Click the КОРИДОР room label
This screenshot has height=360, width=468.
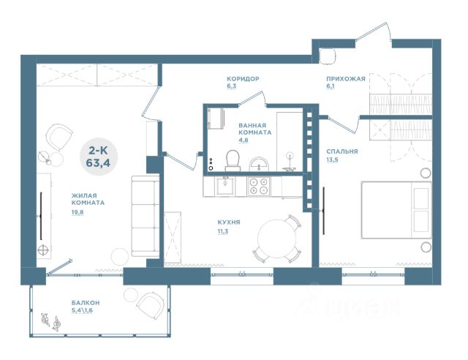click(x=243, y=79)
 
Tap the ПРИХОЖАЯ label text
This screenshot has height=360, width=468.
click(x=346, y=79)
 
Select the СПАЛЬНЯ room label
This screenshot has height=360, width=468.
click(x=342, y=151)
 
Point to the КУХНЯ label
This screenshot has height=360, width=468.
click(x=229, y=222)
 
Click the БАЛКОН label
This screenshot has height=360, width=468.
click(x=86, y=303)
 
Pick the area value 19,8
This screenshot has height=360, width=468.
click(x=78, y=212)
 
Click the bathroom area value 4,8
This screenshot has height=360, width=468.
click(x=244, y=140)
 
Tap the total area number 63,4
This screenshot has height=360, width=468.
click(x=98, y=163)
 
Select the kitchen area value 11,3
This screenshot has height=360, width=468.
click(x=223, y=230)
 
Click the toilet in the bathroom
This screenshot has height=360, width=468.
click(x=233, y=161)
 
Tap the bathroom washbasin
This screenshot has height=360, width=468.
click(x=259, y=165)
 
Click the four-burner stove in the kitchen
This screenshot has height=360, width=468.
click(x=259, y=186)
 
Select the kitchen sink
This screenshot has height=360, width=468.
click(x=225, y=186)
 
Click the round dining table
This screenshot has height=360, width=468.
click(x=276, y=239)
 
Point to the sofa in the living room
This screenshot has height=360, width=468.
click(x=145, y=216)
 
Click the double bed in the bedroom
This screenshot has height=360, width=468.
click(x=396, y=210)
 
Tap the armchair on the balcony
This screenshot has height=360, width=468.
click(x=151, y=307)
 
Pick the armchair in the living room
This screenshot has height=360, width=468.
click(x=59, y=138)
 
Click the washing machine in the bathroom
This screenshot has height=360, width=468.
click(x=216, y=119)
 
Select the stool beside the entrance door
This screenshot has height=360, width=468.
click(x=327, y=56)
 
